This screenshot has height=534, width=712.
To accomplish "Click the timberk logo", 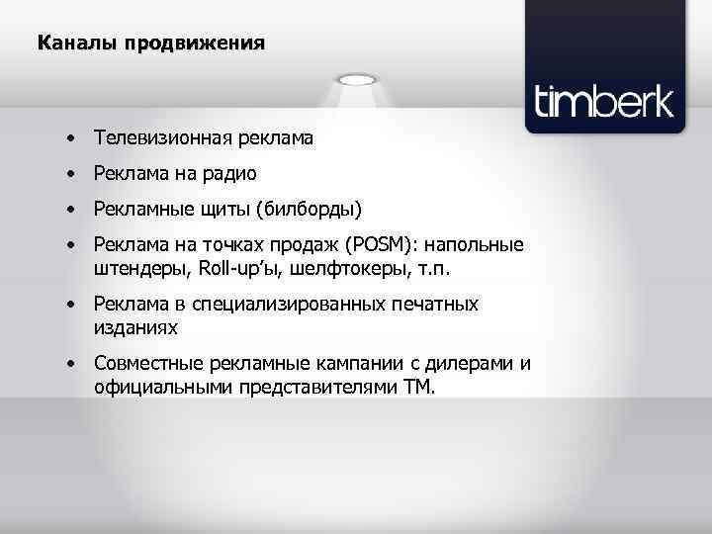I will pos(603,102).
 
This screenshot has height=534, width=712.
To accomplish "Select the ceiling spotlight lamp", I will pos(356,78).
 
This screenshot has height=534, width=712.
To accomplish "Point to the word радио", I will pos(230,174).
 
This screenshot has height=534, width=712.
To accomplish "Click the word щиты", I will pos(225,210).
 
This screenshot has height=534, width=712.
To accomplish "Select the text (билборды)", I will pos(309,210).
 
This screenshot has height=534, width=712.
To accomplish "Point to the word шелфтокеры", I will pos(345,268).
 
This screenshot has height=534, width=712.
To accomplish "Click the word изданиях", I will pos(137,326).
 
